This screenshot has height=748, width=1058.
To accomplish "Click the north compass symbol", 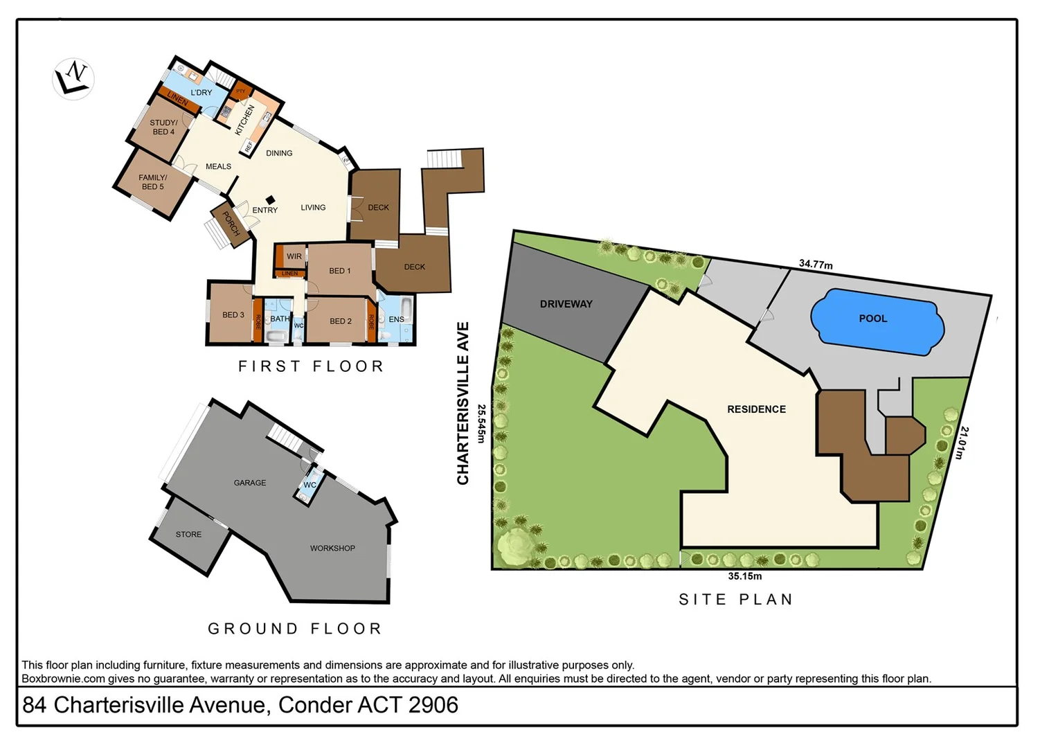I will pyautogui.click(x=73, y=78).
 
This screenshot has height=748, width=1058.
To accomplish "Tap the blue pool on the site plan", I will pyautogui.click(x=877, y=321).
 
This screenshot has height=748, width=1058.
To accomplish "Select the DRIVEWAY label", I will pyautogui.click(x=566, y=304).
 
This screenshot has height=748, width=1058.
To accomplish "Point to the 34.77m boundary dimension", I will pyautogui.click(x=816, y=264).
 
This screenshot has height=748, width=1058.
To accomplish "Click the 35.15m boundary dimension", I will pyautogui.click(x=744, y=576).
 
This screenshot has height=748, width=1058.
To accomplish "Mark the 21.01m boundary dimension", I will pyautogui.click(x=963, y=443).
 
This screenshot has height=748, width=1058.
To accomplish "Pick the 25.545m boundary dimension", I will pyautogui.click(x=482, y=423).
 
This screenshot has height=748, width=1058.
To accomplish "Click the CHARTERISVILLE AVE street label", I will pyautogui.click(x=463, y=403).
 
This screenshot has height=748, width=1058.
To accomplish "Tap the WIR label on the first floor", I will pyautogui.click(x=294, y=256).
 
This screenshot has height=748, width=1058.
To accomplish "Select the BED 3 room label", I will pyautogui.click(x=233, y=315).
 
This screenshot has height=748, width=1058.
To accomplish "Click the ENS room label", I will pyautogui.click(x=396, y=319).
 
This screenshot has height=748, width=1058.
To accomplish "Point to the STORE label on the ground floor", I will pyautogui.click(x=188, y=535).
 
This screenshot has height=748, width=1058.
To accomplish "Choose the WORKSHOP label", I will pyautogui.click(x=332, y=549).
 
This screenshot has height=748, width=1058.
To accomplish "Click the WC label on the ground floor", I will pyautogui.click(x=310, y=485).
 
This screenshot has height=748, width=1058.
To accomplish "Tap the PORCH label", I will pyautogui.click(x=231, y=223).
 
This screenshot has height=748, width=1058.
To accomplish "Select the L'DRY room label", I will pyautogui.click(x=201, y=93).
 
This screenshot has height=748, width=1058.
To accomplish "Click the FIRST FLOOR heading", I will pyautogui.click(x=311, y=366).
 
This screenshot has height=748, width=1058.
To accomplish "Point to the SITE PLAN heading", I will pyautogui.click(x=735, y=600).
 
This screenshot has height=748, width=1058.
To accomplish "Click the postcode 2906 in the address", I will pyautogui.click(x=433, y=705).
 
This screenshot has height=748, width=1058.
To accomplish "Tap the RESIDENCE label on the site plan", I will pyautogui.click(x=756, y=409).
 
